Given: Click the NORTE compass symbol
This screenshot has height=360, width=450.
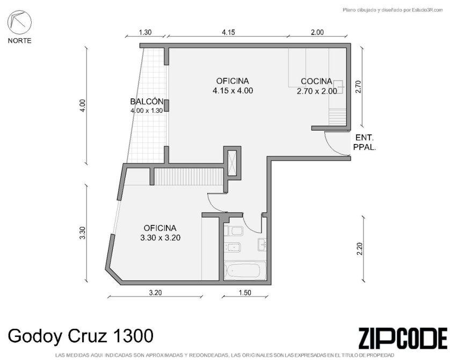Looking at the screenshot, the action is tap(19, 23).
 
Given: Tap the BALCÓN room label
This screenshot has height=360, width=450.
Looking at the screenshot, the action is tap(147, 102).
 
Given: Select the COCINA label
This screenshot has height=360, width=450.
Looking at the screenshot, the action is tap(316, 81).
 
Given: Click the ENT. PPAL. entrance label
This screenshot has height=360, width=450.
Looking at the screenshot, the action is tap(365, 142).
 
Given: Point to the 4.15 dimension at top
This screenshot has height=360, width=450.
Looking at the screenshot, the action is tap(228, 32).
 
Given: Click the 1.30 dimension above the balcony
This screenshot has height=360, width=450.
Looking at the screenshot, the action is tap(145, 32).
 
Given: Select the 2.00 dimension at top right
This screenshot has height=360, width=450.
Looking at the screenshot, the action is tap(317, 32).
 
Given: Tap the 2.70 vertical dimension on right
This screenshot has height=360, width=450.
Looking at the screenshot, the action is tap(358, 87).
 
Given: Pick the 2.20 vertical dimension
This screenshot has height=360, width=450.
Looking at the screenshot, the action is tap(360, 249).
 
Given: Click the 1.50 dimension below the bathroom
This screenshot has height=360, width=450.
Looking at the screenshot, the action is tap(245, 292).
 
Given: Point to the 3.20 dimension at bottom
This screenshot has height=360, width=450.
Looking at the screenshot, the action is tap(155, 292).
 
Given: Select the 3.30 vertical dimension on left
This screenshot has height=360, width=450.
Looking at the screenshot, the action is tap(83, 233).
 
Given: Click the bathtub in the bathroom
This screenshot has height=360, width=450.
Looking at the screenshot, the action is tap(243, 270).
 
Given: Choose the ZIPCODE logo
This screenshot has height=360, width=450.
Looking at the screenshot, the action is tap(403, 337).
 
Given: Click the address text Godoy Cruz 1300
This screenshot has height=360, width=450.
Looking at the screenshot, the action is tap(81, 336).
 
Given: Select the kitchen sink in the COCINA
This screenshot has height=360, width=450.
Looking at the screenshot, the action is tap(339, 85).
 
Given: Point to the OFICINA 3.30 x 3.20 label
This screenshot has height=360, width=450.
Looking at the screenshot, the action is tap(160, 233).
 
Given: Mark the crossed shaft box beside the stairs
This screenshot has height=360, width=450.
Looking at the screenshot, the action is tap(232, 163).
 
